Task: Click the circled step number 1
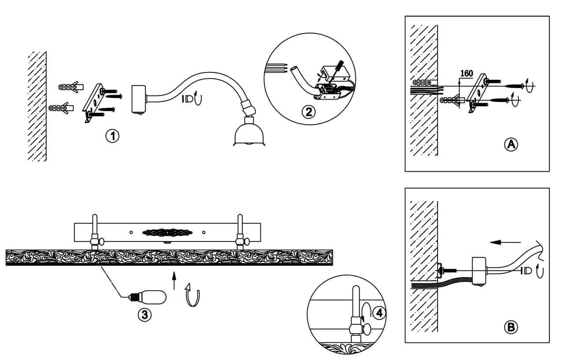coord(113,136)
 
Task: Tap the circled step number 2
coord(309,111)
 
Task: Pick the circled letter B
coord(511,327)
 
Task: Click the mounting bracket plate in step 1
coord(94,103)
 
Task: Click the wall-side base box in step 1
coord(138,99)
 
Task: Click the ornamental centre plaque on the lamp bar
coord(167,232)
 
